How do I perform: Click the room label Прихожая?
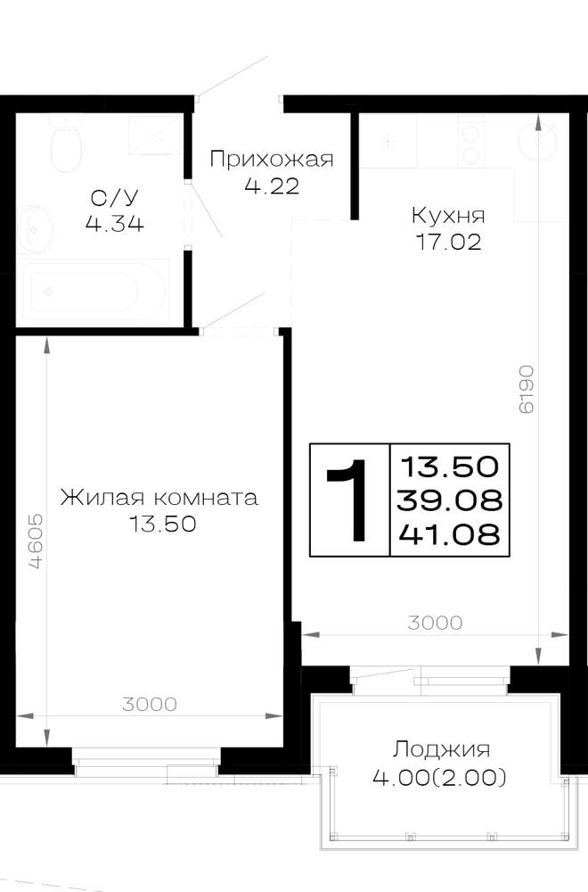point(271,160)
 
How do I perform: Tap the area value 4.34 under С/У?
point(114,224)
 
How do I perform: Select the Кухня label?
point(448,216)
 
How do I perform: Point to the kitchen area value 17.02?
point(448,243)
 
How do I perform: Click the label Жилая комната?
point(159,498)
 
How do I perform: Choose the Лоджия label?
point(441,750)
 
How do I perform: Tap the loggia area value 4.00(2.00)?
point(439,777)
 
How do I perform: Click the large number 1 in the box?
point(348,500)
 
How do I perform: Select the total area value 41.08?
point(449,534)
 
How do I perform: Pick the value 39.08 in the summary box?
point(449,500)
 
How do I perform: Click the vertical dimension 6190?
point(527,390)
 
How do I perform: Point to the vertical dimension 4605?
point(36,541)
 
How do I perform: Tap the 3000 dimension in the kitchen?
point(435,623)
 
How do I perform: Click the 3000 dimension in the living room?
point(150,705)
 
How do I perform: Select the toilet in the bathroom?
point(66,143)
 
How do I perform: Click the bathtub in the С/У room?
point(94,292)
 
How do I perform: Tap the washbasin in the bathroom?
point(36,228)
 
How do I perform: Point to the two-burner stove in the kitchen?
point(471,142)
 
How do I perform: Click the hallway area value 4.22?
point(272,186)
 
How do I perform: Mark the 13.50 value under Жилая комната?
point(162,524)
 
